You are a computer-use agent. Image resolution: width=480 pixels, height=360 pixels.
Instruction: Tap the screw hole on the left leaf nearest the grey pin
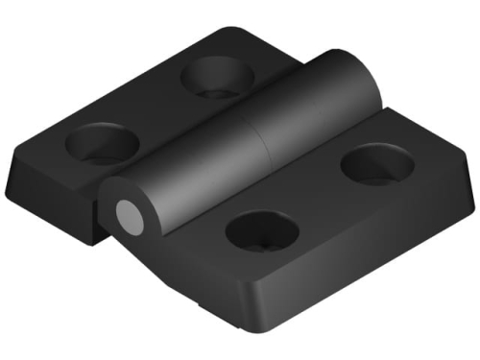102,144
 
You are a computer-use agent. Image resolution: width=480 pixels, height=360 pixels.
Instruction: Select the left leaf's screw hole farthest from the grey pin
214,77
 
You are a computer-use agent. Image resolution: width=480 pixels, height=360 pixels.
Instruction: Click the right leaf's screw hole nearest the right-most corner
376,164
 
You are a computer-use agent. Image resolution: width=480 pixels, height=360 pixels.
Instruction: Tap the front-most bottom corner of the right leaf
258,327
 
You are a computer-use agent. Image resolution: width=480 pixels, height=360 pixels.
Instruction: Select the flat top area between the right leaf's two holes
317,197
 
